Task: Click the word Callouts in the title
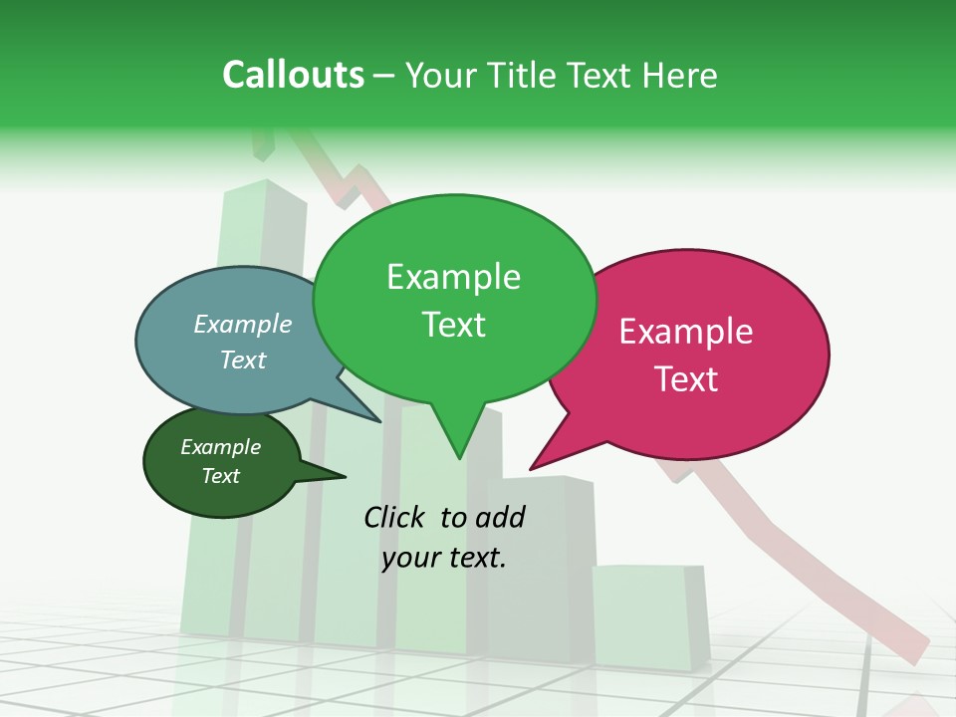click(x=293, y=75)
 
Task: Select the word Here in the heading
click(x=680, y=75)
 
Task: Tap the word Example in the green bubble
click(x=453, y=277)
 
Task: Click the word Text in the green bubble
click(x=453, y=325)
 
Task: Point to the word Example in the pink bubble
click(x=686, y=332)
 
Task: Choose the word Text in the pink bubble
click(x=686, y=379)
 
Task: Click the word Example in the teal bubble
click(x=243, y=324)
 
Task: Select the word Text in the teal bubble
click(x=243, y=359)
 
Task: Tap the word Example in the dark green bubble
click(x=220, y=447)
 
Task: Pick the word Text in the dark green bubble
click(x=220, y=476)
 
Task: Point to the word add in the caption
click(x=500, y=517)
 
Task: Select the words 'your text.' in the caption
click(x=444, y=558)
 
